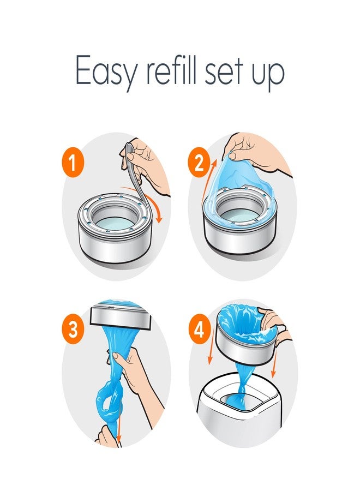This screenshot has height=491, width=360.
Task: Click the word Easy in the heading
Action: [104, 71]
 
